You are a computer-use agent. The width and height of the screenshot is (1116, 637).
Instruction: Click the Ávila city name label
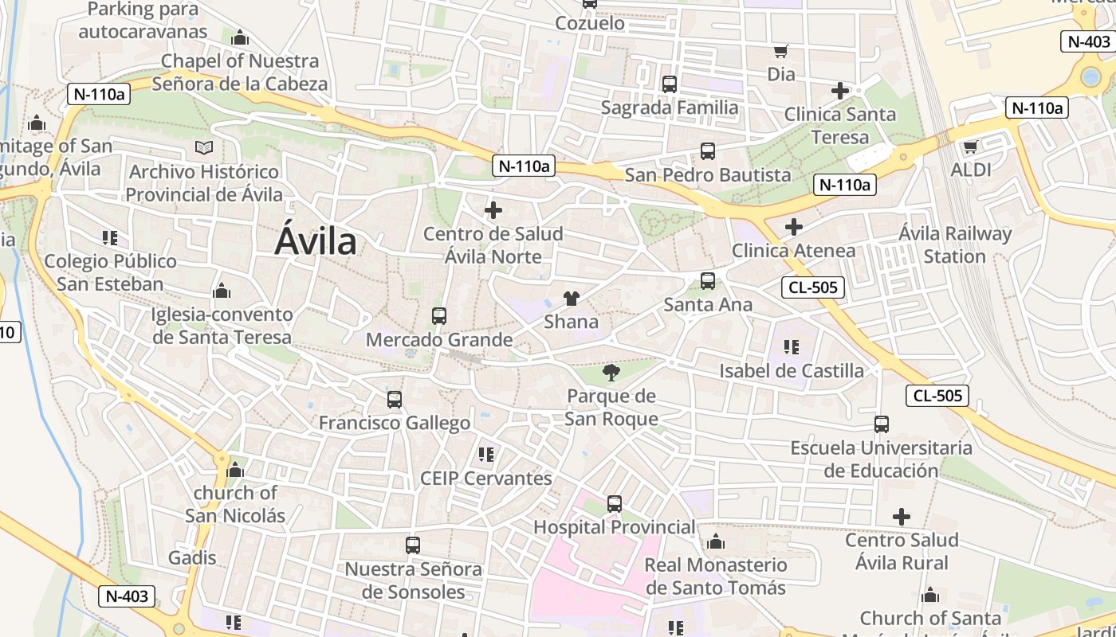(316, 240)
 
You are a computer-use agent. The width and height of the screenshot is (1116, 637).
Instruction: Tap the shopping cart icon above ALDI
(970, 147)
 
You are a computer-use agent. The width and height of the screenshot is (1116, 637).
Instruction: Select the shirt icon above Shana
(571, 299)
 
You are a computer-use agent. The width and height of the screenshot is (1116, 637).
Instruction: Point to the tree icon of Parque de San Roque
(611, 373)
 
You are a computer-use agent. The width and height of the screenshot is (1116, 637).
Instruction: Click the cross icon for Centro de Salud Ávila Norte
(493, 210)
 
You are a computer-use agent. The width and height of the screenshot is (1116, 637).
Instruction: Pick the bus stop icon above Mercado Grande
(438, 316)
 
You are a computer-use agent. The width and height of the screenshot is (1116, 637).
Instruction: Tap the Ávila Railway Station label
(955, 245)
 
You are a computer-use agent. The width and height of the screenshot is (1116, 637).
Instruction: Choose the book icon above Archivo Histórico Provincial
(204, 148)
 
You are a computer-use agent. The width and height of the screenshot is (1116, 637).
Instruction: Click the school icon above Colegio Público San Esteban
(110, 238)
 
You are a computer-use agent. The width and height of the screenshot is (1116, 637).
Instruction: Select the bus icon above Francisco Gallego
(394, 400)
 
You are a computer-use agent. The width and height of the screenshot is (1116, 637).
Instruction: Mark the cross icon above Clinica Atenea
(793, 227)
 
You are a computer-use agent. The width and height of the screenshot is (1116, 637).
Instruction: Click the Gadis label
(192, 557)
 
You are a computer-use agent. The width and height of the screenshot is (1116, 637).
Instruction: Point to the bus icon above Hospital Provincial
(614, 504)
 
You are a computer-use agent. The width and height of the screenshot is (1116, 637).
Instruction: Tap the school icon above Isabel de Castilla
(791, 347)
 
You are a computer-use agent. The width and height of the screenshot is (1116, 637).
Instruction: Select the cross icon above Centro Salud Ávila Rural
(901, 517)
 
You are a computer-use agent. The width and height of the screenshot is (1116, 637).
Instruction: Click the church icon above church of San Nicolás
(234, 471)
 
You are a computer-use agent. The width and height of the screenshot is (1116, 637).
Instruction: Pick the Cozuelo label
(590, 23)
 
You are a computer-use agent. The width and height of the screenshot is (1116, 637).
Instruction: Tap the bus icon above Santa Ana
(707, 281)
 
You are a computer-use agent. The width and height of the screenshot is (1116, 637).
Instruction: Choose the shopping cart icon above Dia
(781, 52)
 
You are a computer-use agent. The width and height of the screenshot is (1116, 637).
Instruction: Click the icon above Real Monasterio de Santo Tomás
(715, 542)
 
